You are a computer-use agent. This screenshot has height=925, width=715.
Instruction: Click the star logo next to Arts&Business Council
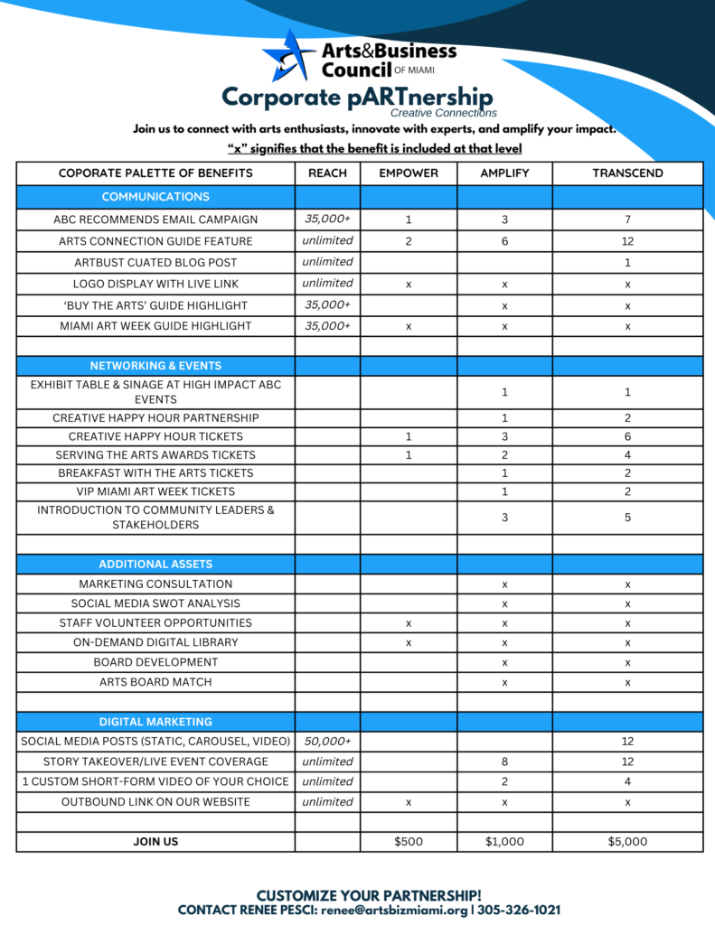tap(288, 55)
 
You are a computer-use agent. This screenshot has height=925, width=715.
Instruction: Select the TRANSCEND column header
tap(627, 173)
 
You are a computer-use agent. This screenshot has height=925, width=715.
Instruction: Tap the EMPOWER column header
tap(409, 173)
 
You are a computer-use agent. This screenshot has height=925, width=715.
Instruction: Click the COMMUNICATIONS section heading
tap(155, 196)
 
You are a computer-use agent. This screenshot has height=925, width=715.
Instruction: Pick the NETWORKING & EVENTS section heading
tap(155, 366)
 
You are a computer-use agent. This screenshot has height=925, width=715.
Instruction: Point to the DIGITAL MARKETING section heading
tap(155, 722)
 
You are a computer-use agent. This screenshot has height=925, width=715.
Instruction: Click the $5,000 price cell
tap(627, 841)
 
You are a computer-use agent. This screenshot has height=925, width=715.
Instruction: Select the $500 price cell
tap(409, 841)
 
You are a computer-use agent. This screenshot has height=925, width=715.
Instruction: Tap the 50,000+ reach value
tap(327, 741)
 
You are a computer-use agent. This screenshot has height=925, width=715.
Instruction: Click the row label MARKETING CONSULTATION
tap(155, 584)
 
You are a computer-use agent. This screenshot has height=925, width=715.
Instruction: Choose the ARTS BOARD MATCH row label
tap(155, 682)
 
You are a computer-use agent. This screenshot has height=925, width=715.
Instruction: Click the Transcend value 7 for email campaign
tap(627, 220)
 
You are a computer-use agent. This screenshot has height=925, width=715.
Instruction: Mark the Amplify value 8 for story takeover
tap(504, 761)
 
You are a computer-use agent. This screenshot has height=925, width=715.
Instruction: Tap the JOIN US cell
tap(155, 841)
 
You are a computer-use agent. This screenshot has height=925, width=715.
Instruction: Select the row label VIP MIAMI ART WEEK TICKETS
tap(155, 491)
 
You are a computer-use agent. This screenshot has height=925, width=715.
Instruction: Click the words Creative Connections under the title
tap(443, 113)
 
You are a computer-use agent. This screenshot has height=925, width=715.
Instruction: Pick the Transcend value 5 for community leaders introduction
tap(627, 518)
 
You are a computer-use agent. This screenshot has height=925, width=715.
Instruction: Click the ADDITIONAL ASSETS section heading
tap(155, 564)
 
